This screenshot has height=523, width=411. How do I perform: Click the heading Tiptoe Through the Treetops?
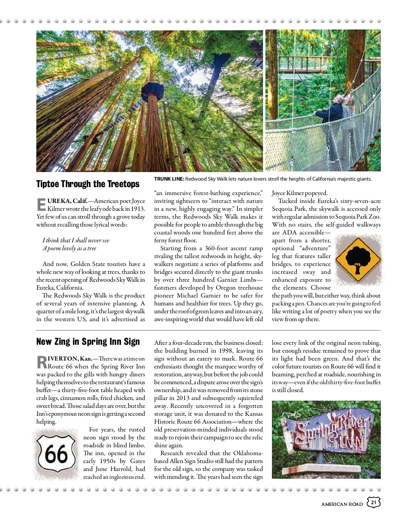tap(88, 184)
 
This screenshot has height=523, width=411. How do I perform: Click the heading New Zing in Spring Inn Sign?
tap(88, 342)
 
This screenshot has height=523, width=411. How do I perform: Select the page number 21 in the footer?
tap(374, 503)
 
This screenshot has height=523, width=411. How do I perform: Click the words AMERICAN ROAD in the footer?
tap(342, 504)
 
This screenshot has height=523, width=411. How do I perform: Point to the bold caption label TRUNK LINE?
tap(169, 179)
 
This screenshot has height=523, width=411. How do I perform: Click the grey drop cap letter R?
tap(41, 362)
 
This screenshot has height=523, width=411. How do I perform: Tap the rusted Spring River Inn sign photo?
tap(326, 439)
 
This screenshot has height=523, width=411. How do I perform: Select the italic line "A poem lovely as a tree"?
tap(70, 248)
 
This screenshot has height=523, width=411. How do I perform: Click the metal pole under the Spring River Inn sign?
tap(321, 457)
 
